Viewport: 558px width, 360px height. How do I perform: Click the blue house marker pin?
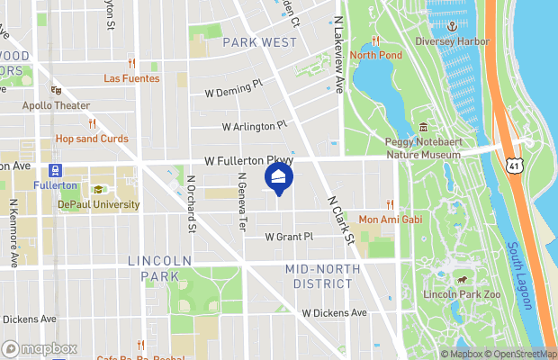click(x=279, y=178)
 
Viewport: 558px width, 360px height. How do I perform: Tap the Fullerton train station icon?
click(x=56, y=169)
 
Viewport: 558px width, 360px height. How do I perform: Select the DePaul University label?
click(x=99, y=204)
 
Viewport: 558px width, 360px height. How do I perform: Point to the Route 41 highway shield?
click(x=513, y=166)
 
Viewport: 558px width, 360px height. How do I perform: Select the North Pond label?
click(x=375, y=55)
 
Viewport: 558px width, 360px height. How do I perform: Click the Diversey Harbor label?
click(x=452, y=41)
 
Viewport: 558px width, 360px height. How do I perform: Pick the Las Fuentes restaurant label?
click(x=131, y=78)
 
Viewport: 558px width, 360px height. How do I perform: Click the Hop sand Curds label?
click(x=91, y=139)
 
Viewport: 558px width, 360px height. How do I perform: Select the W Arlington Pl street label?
click(x=254, y=126)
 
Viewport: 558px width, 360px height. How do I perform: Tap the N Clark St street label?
click(x=338, y=220)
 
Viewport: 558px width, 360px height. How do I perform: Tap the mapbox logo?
click(x=40, y=348)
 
